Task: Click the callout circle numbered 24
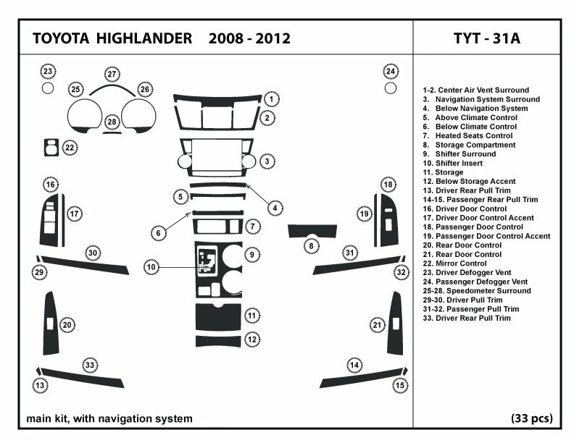(391, 71)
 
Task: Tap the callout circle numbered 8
(311, 246)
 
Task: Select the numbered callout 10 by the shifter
(151, 267)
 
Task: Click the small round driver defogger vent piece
(48, 88)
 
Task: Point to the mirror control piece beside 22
(51, 147)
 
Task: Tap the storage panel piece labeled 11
(218, 316)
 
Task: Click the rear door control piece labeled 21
(396, 323)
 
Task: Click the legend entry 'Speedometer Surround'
(476, 291)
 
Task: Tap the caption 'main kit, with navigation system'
(109, 418)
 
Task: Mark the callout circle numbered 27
(112, 75)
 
